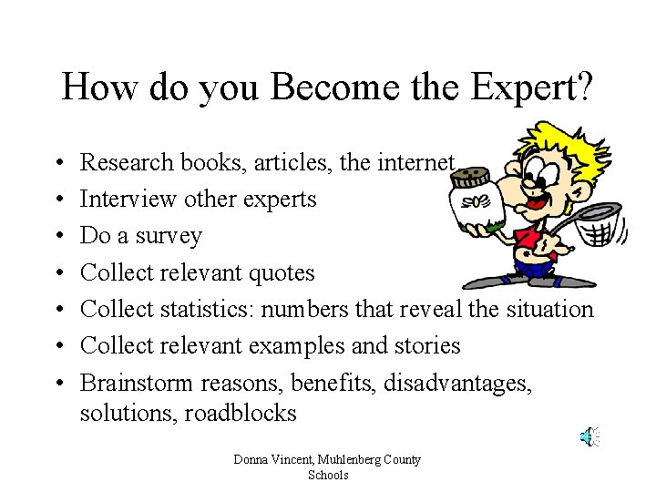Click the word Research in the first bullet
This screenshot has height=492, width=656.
(x=127, y=162)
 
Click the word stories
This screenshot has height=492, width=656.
(x=427, y=345)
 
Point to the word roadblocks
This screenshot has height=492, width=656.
(x=241, y=413)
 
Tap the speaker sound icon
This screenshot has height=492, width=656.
(x=589, y=436)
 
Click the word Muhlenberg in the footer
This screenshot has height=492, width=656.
(x=354, y=459)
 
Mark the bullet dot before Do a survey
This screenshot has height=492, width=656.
(x=57, y=236)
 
